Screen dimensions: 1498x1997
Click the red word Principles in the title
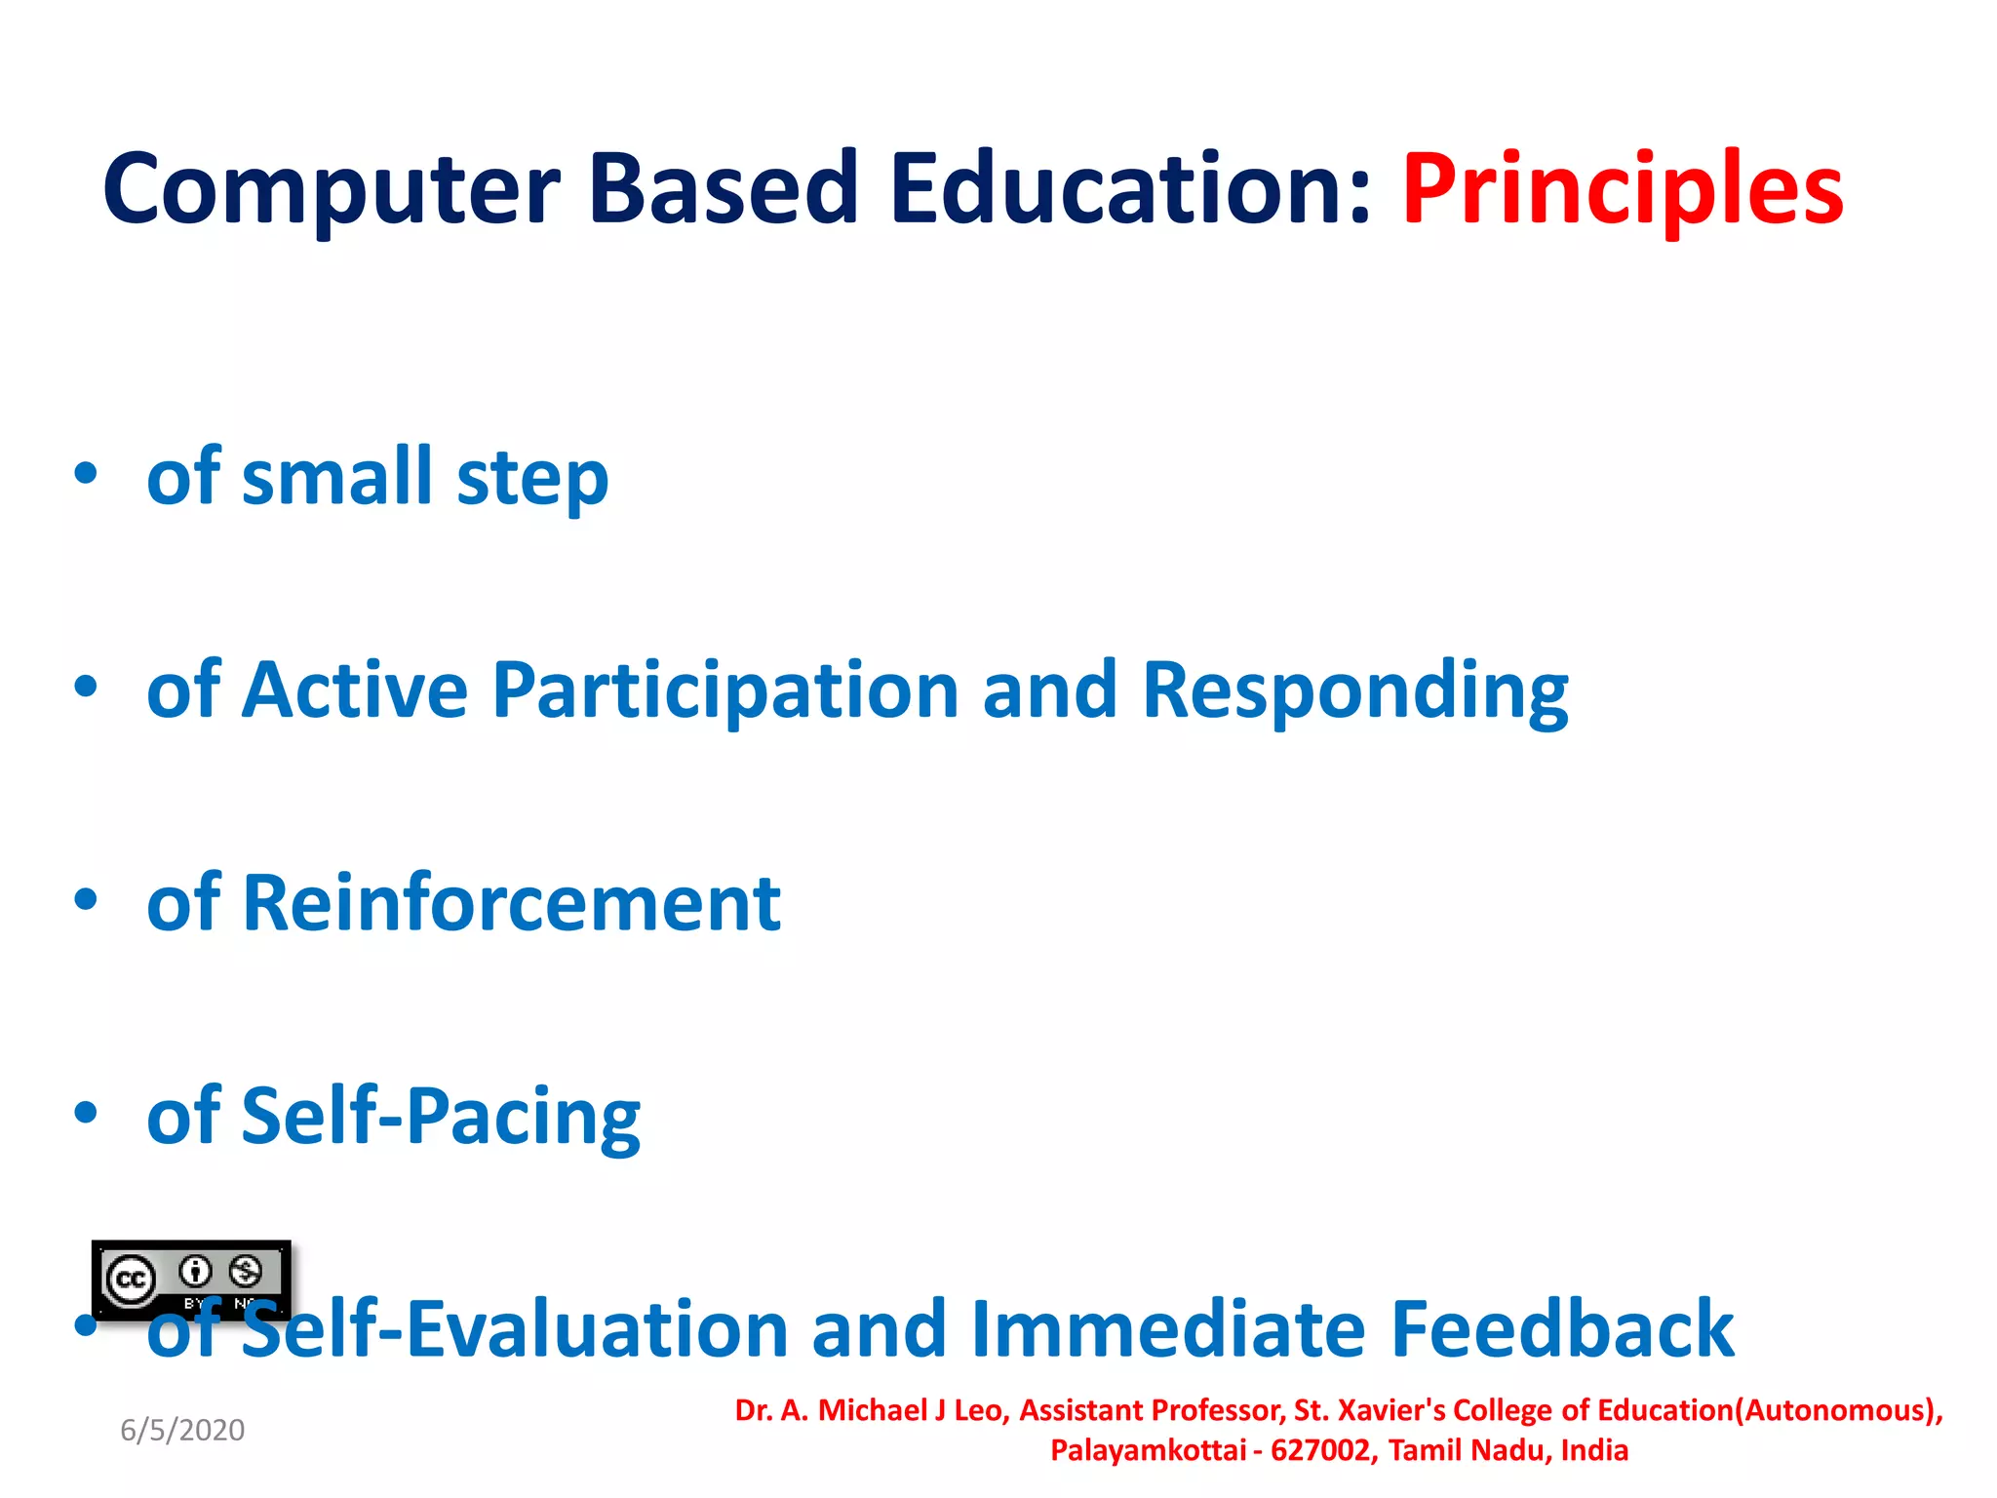pyautogui.click(x=1622, y=190)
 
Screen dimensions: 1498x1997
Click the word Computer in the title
pyautogui.click(x=332, y=190)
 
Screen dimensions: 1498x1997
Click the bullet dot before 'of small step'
pyautogui.click(x=86, y=474)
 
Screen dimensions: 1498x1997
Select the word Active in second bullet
pyautogui.click(x=355, y=690)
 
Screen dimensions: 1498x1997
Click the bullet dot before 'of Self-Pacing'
pyautogui.click(x=86, y=1113)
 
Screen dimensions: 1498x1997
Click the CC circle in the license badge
pyautogui.click(x=131, y=1280)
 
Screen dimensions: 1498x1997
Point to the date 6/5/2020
pyautogui.click(x=182, y=1431)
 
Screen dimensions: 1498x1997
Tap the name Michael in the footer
pyautogui.click(x=873, y=1411)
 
